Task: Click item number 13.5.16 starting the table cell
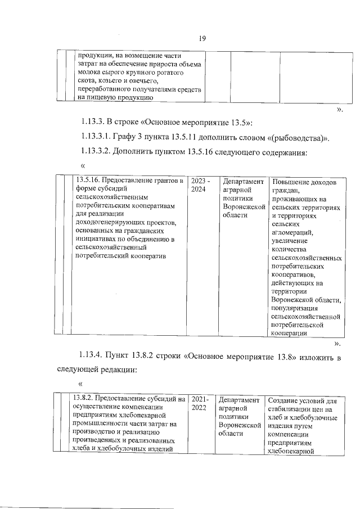[89, 181]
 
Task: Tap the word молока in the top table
[88, 74]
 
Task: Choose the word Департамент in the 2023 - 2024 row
[242, 182]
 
